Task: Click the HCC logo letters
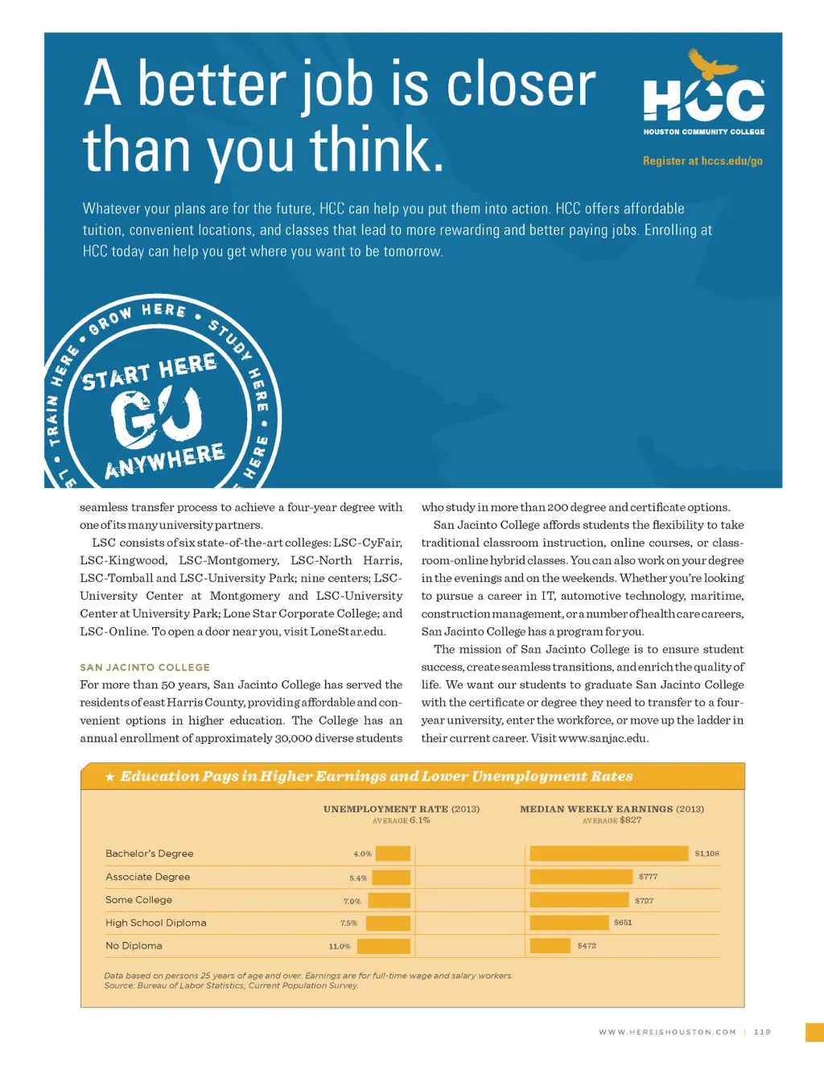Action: (703, 101)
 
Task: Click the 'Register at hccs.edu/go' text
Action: (702, 161)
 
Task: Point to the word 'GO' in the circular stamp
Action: (156, 417)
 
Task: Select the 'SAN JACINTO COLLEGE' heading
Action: (145, 667)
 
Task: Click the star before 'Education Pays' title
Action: (109, 777)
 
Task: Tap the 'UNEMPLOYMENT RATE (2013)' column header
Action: (401, 809)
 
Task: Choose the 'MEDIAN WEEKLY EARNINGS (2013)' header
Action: (612, 809)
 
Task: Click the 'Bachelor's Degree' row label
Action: (150, 853)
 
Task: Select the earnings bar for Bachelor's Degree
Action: (609, 853)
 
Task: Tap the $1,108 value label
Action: (707, 853)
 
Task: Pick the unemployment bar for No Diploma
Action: (384, 946)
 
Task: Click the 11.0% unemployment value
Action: (340, 947)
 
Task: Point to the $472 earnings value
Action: (587, 946)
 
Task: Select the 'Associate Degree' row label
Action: (148, 877)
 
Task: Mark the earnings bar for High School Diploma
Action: (569, 923)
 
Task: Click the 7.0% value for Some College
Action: (352, 901)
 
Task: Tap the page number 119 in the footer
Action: (762, 1032)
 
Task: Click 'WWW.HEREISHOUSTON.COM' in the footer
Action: (667, 1032)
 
